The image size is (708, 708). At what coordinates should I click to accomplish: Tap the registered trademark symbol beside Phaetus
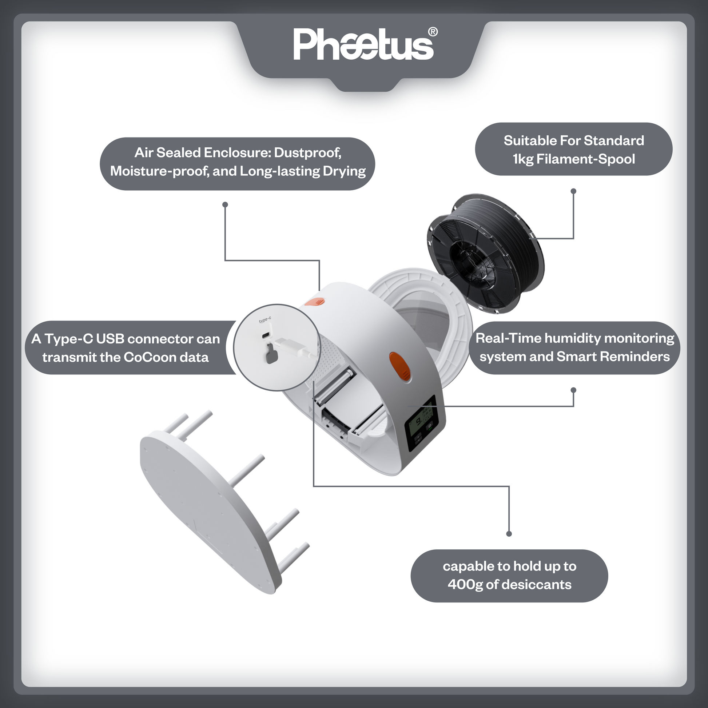click(x=433, y=32)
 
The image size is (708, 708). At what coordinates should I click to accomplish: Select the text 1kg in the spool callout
click(x=523, y=159)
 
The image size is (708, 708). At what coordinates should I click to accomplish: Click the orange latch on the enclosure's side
click(x=400, y=366)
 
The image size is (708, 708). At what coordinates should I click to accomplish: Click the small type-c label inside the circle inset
click(x=265, y=320)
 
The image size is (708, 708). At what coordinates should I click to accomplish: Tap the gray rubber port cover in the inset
click(x=270, y=354)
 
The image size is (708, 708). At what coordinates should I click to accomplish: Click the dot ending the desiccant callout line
click(x=509, y=534)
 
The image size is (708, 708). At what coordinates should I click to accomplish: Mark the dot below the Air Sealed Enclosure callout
click(x=225, y=204)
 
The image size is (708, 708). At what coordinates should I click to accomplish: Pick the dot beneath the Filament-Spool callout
click(x=573, y=191)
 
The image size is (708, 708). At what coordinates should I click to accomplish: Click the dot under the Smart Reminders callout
click(x=573, y=390)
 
